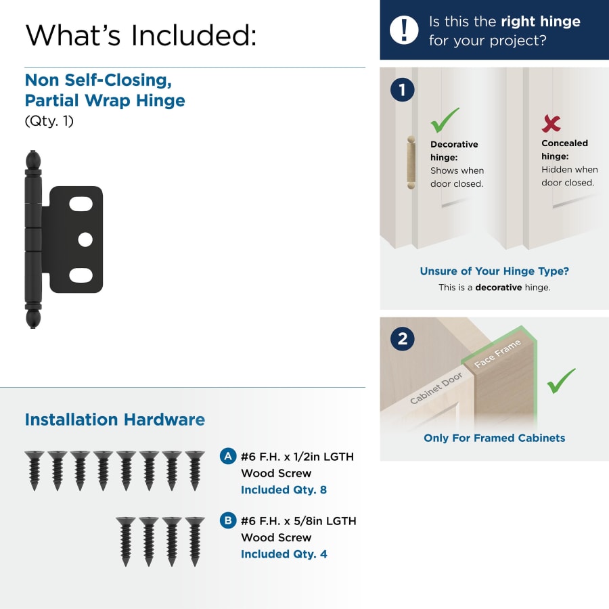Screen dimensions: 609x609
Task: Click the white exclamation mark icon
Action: (x=404, y=30)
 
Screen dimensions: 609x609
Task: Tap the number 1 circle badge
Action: (x=403, y=90)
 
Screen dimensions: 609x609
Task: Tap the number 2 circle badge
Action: (x=403, y=339)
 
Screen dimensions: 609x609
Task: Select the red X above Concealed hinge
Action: (x=551, y=124)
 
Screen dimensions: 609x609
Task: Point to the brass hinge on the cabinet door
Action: (x=411, y=162)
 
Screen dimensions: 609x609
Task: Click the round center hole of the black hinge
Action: (x=85, y=240)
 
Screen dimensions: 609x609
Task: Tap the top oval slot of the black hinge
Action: (x=81, y=204)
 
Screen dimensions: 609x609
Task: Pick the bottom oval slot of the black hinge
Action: (x=81, y=275)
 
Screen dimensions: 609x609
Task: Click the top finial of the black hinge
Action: (x=33, y=160)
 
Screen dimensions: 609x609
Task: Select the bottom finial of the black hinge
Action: (x=33, y=319)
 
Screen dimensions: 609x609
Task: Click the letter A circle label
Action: (x=228, y=456)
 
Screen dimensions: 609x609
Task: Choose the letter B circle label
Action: (x=228, y=520)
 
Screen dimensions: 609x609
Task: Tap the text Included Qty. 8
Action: (x=284, y=490)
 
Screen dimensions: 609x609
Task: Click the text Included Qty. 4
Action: (x=284, y=554)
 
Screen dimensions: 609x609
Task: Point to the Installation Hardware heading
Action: (x=115, y=420)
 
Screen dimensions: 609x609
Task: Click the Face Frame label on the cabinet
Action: (x=497, y=353)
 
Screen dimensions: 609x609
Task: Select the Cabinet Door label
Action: (x=436, y=388)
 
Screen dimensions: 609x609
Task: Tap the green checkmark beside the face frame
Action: (x=561, y=380)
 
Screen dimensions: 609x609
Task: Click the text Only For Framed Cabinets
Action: (x=495, y=438)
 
